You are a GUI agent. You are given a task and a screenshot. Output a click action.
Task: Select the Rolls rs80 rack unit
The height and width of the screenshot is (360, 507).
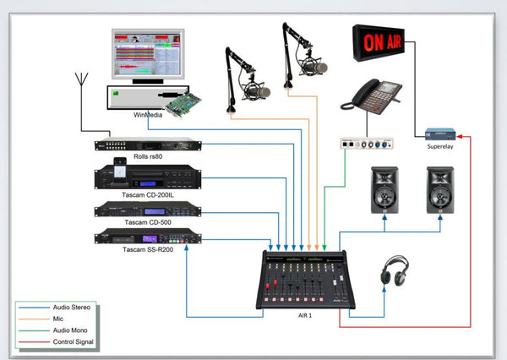148,144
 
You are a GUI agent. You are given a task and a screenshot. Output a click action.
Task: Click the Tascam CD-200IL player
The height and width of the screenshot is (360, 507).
148,178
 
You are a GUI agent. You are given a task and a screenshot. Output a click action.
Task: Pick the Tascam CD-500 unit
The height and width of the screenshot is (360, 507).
148,210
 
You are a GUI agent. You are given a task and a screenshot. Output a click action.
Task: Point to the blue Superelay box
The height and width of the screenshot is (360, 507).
439,134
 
